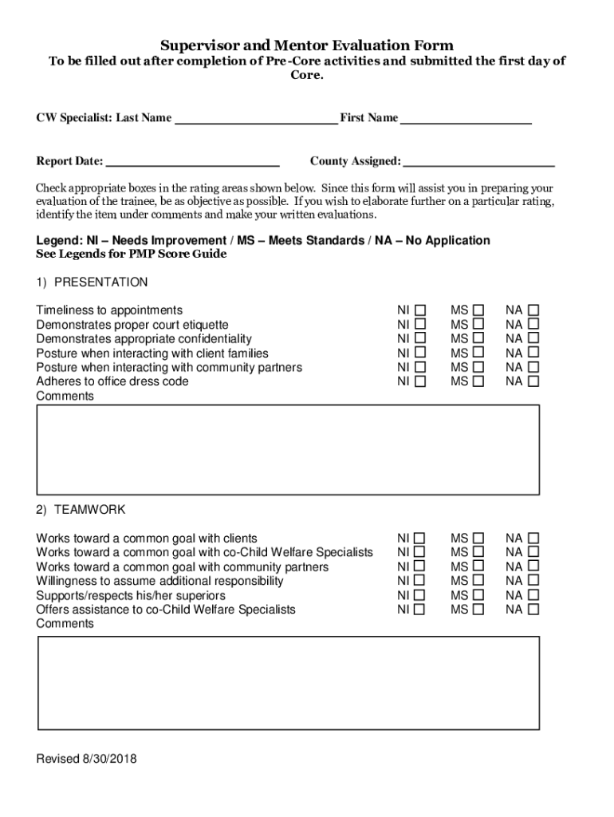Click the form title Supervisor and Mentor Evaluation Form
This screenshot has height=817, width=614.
(307, 45)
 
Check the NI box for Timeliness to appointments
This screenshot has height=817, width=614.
(419, 310)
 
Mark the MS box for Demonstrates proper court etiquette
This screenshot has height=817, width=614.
(478, 325)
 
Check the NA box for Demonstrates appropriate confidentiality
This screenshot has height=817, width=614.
(533, 339)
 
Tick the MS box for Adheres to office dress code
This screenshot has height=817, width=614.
(478, 382)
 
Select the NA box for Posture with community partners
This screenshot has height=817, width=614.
(533, 368)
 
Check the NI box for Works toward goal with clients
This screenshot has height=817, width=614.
(419, 539)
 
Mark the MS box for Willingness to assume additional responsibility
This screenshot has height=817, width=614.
(478, 582)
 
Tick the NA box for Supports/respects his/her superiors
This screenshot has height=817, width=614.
(533, 596)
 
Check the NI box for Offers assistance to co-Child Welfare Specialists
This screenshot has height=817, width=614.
(419, 610)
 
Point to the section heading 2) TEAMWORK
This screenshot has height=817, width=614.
(81, 510)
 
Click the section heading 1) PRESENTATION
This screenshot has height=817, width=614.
(92, 282)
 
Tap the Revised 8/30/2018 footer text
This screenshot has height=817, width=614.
(86, 759)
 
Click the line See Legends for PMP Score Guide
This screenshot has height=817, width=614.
(132, 255)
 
